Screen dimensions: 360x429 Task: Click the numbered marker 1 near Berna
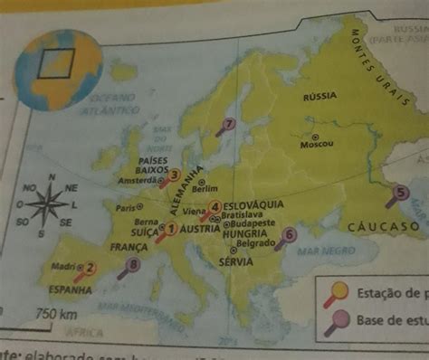(x=170, y=230)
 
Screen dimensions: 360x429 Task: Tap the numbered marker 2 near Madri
(x=89, y=267)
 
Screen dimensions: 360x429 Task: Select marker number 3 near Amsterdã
(x=175, y=176)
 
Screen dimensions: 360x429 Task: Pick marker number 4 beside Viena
(x=214, y=207)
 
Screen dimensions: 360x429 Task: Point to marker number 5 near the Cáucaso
(x=402, y=191)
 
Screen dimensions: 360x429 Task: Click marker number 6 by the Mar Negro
(x=289, y=234)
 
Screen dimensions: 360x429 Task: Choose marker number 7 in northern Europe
(x=229, y=125)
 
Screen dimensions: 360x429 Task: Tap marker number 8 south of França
(x=135, y=264)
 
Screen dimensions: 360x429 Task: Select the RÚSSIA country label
(x=319, y=96)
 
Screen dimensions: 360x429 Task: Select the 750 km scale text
(x=54, y=314)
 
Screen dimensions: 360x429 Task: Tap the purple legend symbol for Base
(x=335, y=318)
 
